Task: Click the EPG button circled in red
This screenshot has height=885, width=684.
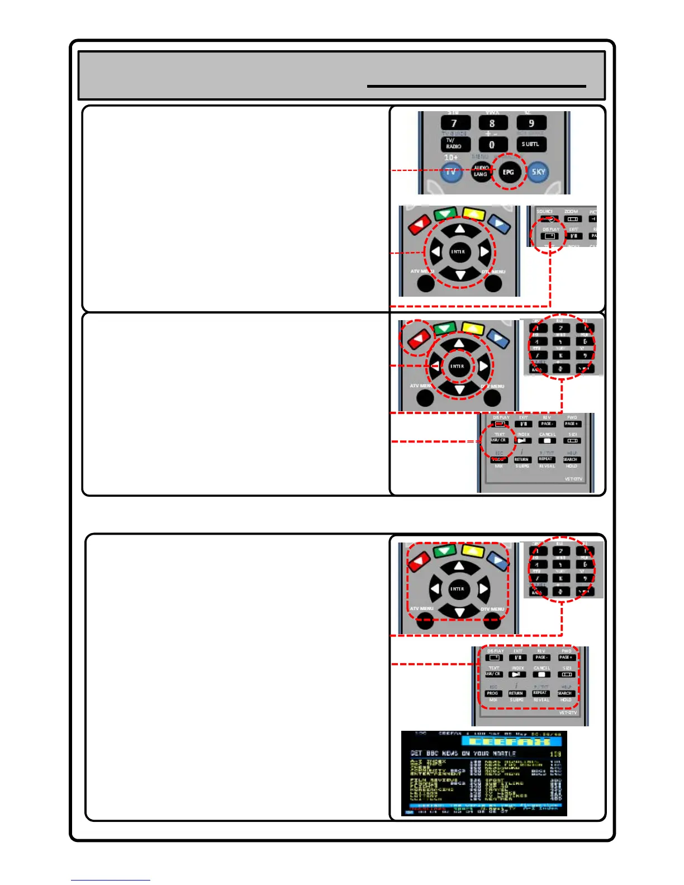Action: click(x=508, y=172)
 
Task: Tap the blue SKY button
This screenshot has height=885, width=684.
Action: click(x=538, y=172)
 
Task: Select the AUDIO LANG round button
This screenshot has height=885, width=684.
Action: click(x=481, y=171)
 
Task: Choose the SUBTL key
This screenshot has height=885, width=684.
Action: click(x=530, y=144)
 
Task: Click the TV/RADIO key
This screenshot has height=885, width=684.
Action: click(x=454, y=144)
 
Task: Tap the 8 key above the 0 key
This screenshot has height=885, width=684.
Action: click(x=492, y=123)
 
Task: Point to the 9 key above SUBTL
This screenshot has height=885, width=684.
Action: click(x=531, y=123)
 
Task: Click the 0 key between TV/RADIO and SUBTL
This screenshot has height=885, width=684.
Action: click(x=492, y=144)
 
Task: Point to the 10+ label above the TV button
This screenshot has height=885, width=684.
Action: click(x=450, y=158)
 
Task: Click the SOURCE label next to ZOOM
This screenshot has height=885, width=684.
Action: click(x=544, y=212)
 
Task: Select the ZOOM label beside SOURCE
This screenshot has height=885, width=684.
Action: click(x=571, y=212)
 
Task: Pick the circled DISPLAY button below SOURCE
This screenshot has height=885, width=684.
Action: click(x=550, y=236)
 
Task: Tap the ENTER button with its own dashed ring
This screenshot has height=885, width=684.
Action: click(x=457, y=366)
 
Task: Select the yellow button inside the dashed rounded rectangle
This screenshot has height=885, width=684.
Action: click(x=473, y=551)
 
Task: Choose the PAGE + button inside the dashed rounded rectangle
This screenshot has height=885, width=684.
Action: click(x=566, y=658)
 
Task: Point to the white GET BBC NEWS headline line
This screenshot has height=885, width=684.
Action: click(x=463, y=754)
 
